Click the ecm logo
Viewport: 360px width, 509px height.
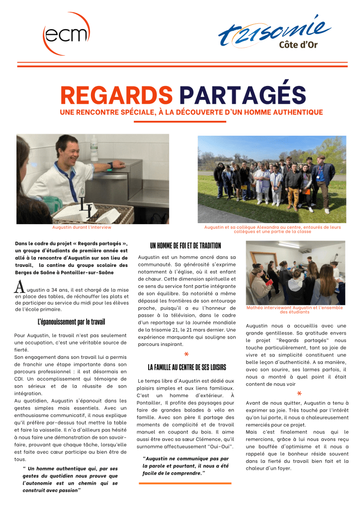click(x=66, y=34)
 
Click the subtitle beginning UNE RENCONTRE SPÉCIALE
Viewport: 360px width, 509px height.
click(x=191, y=113)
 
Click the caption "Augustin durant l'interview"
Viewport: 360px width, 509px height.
click(x=82, y=227)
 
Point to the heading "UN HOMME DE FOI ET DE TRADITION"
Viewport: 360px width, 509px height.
click(x=185, y=246)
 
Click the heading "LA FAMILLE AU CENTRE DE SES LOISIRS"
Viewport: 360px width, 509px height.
click(x=186, y=367)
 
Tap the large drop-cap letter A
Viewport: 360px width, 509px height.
click(x=19, y=287)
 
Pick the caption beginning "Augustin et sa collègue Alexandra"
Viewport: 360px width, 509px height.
click(x=272, y=229)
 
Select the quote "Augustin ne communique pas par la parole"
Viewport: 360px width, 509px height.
click(x=185, y=465)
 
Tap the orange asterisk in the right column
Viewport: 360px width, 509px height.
click(x=299, y=393)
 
